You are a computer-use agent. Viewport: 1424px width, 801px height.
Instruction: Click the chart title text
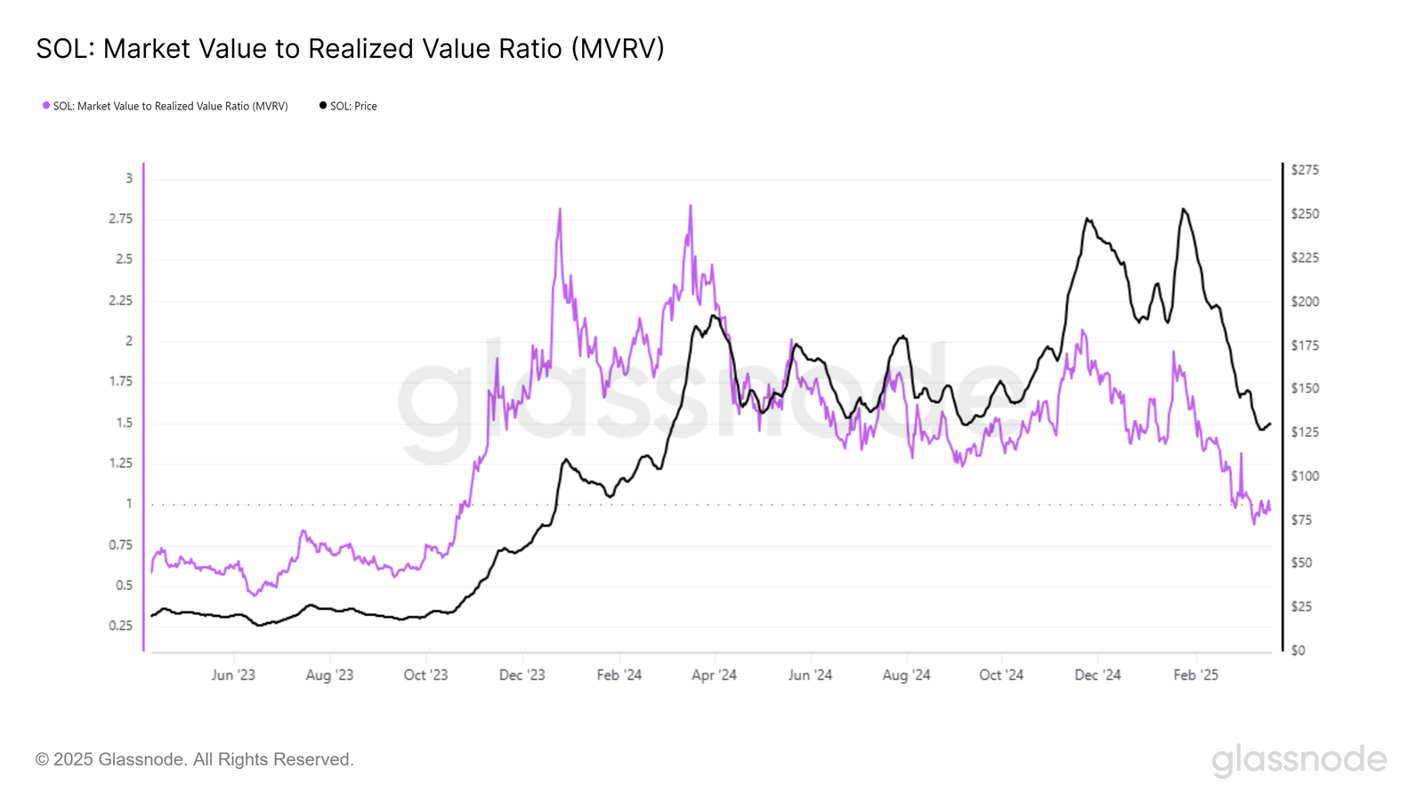tap(350, 48)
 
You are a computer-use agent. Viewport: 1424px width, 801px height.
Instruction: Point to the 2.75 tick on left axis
tap(120, 219)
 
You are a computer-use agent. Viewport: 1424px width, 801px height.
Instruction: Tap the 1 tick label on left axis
tap(128, 504)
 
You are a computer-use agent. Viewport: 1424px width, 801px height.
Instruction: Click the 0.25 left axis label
tap(120, 626)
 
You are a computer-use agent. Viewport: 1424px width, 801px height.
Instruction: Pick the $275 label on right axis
tap(1305, 170)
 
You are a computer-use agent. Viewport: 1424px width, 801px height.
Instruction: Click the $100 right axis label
tap(1305, 476)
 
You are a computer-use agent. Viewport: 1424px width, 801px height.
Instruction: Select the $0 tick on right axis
tap(1299, 651)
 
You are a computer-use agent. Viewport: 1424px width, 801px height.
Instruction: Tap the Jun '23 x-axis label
tap(233, 676)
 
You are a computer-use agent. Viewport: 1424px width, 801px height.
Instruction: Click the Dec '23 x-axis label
tap(522, 676)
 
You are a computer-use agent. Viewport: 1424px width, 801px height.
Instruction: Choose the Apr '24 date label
tap(714, 676)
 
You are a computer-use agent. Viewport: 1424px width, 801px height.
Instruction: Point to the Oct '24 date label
tap(1001, 676)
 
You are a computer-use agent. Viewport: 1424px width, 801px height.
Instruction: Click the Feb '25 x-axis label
tap(1195, 676)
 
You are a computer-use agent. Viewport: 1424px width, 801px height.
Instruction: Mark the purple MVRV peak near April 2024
tap(690, 206)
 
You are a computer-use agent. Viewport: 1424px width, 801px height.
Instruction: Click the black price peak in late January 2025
tap(1183, 209)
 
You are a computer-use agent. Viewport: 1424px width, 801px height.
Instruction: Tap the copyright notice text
tap(195, 760)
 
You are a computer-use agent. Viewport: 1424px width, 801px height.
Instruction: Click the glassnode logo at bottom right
tap(1299, 760)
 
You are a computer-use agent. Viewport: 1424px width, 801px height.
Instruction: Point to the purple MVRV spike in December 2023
tap(560, 210)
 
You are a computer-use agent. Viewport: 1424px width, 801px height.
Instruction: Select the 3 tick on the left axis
tap(128, 178)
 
